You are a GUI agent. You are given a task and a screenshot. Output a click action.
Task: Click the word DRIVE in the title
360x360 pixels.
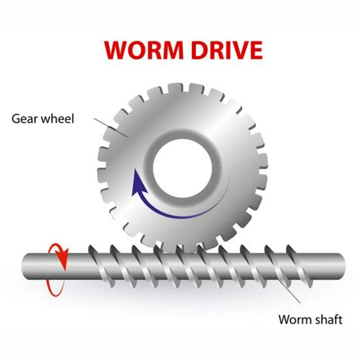click(227, 50)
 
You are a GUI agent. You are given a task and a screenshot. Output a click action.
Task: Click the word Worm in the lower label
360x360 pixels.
click(293, 319)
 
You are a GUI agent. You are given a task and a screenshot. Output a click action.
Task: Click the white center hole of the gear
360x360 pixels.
click(183, 168)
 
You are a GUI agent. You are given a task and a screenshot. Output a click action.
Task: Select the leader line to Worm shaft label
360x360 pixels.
click(289, 291)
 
